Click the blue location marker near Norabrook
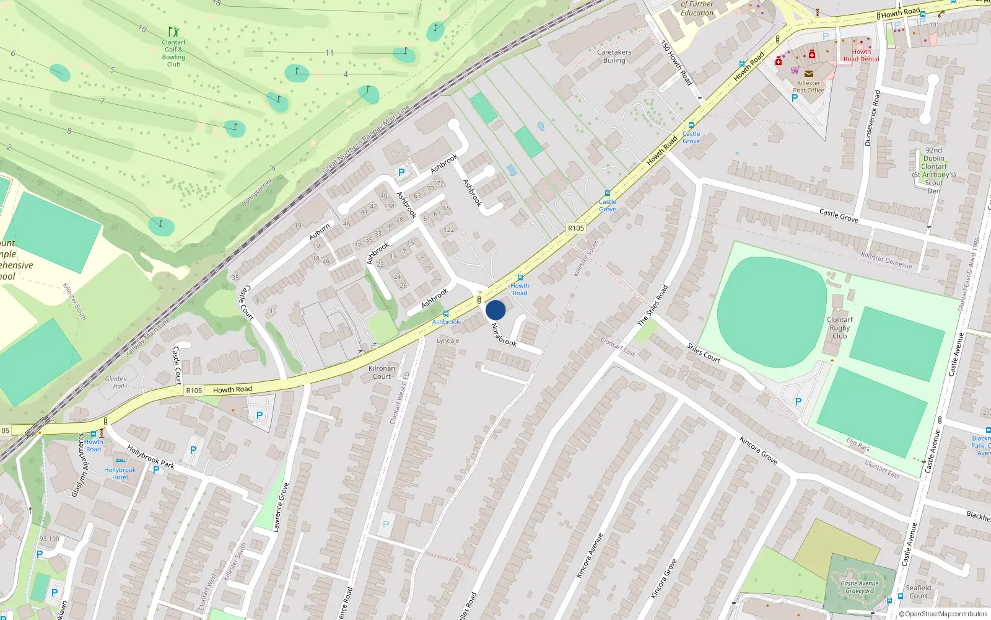pyautogui.click(x=495, y=310)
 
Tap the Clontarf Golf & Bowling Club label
pyautogui.click(x=173, y=53)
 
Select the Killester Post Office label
pyautogui.click(x=808, y=87)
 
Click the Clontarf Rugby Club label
pyautogui.click(x=839, y=328)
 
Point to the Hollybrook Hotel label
pyautogui.click(x=120, y=474)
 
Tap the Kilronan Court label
pyautogui.click(x=382, y=372)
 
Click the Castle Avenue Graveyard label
pyautogui.click(x=860, y=587)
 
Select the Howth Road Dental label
pyautogui.click(x=861, y=56)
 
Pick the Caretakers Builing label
pyautogui.click(x=614, y=56)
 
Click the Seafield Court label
pyautogui.click(x=918, y=592)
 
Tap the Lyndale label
pyautogui.click(x=448, y=340)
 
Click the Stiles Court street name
pyautogui.click(x=704, y=353)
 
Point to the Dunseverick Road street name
pyautogui.click(x=872, y=118)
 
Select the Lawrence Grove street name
pyautogui.click(x=281, y=507)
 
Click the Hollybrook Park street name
pyautogui.click(x=151, y=456)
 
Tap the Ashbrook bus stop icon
pyautogui.click(x=445, y=314)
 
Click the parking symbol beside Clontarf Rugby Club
pyautogui.click(x=798, y=402)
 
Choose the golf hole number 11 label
pyautogui.click(x=330, y=53)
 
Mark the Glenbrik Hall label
pyautogui.click(x=116, y=383)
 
